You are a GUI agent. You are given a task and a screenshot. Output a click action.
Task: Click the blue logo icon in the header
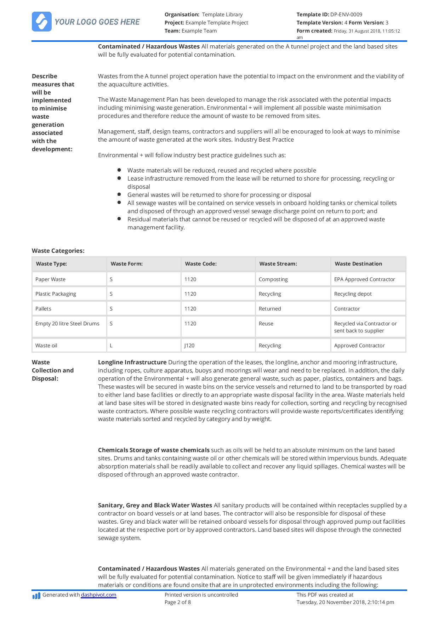[42, 22]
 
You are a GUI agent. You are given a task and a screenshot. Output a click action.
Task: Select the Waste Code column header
[201, 264]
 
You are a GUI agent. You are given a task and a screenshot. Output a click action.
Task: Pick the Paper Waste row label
[50, 279]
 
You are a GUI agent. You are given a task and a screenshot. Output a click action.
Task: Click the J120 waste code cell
[189, 346]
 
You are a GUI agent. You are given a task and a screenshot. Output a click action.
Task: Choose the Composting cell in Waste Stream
[273, 279]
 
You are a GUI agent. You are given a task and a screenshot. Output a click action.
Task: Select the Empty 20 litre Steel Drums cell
[67, 324]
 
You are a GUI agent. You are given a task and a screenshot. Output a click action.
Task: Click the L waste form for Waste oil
[111, 346]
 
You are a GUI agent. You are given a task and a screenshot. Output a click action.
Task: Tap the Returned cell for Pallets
[270, 309]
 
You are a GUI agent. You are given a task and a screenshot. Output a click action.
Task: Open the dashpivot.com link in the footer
[98, 595]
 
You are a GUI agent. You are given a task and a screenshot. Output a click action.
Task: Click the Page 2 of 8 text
[178, 602]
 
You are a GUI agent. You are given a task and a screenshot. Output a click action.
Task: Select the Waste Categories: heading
[58, 251]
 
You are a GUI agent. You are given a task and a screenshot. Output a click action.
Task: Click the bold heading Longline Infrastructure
[132, 362]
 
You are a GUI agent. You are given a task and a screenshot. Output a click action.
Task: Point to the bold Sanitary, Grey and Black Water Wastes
[155, 505]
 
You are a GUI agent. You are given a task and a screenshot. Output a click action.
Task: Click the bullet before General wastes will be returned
[119, 194]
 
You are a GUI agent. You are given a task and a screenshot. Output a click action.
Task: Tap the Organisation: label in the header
[182, 15]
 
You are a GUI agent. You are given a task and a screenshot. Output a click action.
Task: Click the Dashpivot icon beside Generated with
[36, 596]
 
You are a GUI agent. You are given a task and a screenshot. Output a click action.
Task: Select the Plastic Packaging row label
[56, 294]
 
